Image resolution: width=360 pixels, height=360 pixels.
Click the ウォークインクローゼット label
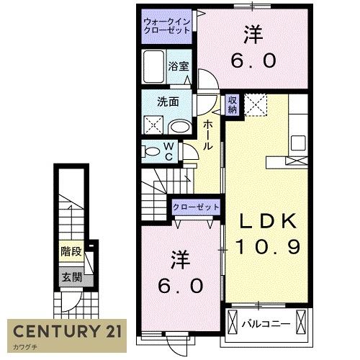click(167, 26)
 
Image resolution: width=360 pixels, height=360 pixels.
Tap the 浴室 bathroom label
click(179, 66)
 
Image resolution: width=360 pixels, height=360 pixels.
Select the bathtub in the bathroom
click(153, 66)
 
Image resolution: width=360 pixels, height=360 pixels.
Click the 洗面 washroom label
click(168, 102)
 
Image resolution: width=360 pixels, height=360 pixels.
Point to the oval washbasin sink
click(180, 127)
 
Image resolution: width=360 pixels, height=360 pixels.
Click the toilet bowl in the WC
click(150, 152)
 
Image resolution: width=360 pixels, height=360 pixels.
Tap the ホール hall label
click(207, 135)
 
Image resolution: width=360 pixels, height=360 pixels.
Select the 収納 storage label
click(233, 104)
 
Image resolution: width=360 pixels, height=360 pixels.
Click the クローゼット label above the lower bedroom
click(196, 207)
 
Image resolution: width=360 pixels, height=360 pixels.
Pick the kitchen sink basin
click(298, 143)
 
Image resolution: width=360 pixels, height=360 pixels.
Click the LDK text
click(268, 221)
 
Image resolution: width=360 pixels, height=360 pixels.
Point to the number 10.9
click(268, 247)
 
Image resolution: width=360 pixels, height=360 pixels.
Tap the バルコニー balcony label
click(266, 325)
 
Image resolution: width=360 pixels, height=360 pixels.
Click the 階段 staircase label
click(71, 251)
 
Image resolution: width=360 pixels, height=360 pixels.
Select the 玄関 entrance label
click(72, 277)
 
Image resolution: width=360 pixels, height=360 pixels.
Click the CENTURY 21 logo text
click(67, 331)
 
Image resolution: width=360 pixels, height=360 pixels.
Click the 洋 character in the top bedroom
click(253, 35)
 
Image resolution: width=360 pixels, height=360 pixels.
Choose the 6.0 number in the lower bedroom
click(181, 286)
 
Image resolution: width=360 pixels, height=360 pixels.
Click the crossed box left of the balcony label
click(232, 322)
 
